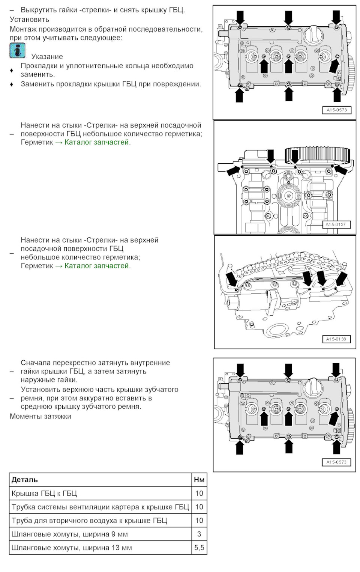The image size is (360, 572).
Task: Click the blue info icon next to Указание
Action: pos(17,51)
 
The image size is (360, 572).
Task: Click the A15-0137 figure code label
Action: pos(336,224)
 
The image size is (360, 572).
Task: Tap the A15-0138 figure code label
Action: pos(336,339)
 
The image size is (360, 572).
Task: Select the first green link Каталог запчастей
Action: pos(96,142)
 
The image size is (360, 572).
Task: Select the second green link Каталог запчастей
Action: pos(96,266)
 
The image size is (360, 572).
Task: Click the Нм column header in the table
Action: pos(199,480)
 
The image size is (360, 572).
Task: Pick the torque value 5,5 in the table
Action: pos(199,548)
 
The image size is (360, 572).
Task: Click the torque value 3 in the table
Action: pos(199,534)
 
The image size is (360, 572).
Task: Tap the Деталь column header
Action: pos(25,480)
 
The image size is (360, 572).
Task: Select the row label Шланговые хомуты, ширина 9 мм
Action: pos(70,534)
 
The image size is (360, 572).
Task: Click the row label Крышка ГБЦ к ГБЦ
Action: pos(44,493)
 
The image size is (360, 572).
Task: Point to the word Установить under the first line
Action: pos(29,20)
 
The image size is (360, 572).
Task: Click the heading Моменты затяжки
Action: pos(40,416)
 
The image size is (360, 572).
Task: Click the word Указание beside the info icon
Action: pos(47,57)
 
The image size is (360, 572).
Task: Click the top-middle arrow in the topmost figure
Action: pos(288,18)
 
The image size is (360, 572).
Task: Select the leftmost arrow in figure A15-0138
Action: pos(231,280)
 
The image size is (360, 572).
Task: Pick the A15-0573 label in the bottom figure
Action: pos(336,462)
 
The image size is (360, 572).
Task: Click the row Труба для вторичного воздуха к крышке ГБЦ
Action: pos(89,521)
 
